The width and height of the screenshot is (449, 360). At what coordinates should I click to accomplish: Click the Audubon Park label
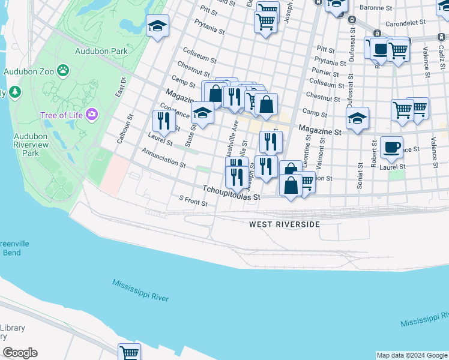[101, 51]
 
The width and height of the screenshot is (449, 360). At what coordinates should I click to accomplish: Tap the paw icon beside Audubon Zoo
[63, 71]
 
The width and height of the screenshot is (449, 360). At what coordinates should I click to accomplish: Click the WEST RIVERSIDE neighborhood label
[285, 224]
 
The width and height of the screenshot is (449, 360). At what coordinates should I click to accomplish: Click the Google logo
[20, 353]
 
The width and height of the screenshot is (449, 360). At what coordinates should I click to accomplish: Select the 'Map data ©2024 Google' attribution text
[412, 355]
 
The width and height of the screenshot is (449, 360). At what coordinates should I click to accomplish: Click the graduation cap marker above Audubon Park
[157, 26]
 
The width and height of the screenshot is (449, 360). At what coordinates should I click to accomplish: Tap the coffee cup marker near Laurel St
[391, 147]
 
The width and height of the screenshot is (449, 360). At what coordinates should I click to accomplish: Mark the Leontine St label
[307, 152]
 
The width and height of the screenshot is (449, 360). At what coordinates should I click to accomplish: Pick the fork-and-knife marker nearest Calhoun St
[163, 121]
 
